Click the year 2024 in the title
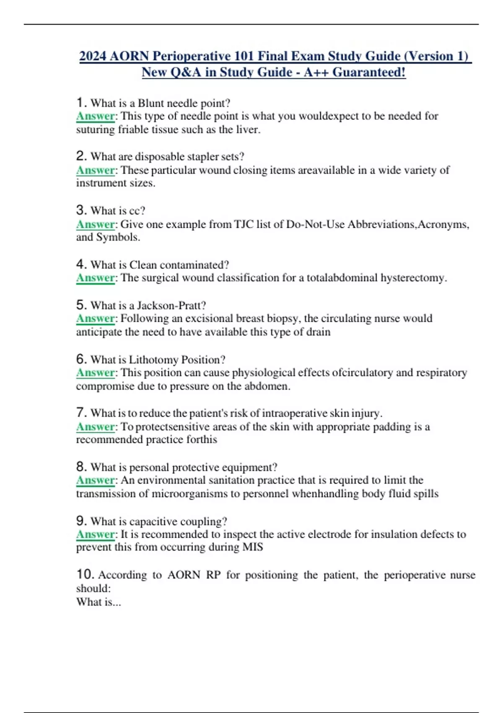point(93,56)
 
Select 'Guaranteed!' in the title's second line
point(369,72)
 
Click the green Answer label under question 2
point(96,170)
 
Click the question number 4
point(81,264)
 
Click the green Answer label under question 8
point(96,480)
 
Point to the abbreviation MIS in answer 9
point(253,547)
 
